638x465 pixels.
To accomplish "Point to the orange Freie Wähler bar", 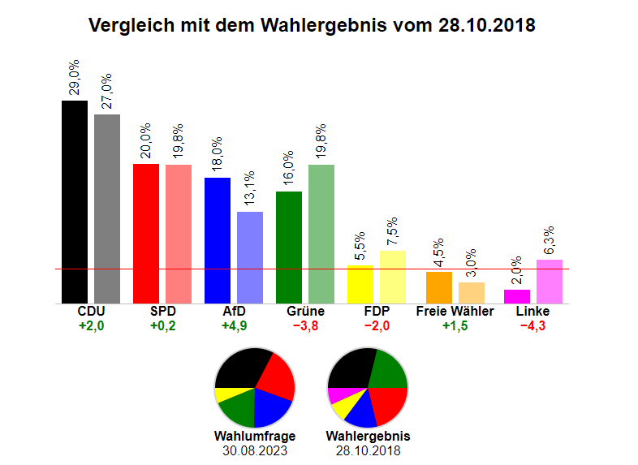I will (439, 287).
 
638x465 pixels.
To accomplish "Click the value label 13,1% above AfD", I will (250, 189).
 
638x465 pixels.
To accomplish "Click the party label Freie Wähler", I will (455, 312).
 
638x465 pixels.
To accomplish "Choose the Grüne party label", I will (305, 312).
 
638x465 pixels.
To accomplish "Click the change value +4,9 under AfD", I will (234, 326).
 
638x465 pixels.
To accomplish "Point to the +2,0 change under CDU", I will (91, 326).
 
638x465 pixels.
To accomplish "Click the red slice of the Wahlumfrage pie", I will (276, 377).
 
